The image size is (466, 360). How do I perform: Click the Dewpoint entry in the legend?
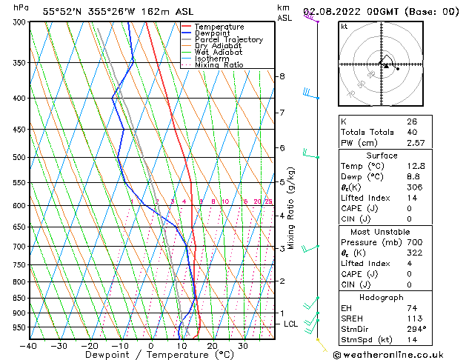[212, 33]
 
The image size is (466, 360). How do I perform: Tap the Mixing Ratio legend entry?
[216, 65]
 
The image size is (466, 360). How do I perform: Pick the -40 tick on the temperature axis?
[29, 346]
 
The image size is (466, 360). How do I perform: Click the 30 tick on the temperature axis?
[242, 346]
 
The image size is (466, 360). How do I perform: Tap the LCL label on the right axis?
[291, 324]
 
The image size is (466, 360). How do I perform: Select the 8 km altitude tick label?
[282, 76]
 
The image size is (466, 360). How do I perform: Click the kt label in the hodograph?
[344, 27]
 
